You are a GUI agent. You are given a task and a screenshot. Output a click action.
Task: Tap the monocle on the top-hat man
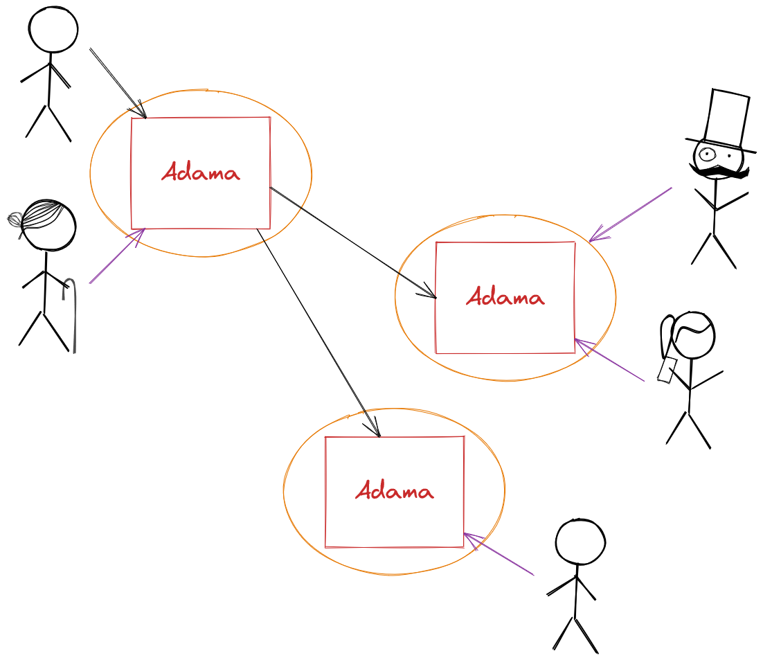pyautogui.click(x=706, y=154)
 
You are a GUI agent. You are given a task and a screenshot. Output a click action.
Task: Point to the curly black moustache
pyautogui.click(x=719, y=171)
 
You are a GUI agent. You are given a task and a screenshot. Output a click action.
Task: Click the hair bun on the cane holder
pyautogui.click(x=15, y=220)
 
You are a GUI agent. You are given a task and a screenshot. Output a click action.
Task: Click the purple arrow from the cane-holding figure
pyautogui.click(x=117, y=256)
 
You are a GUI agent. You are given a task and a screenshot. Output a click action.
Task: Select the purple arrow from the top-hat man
pyautogui.click(x=630, y=214)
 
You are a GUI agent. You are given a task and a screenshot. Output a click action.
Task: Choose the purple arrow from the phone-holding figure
pyautogui.click(x=609, y=360)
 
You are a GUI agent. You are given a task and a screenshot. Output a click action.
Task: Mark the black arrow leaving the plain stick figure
pyautogui.click(x=118, y=83)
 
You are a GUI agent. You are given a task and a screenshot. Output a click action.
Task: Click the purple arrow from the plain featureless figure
pyautogui.click(x=499, y=554)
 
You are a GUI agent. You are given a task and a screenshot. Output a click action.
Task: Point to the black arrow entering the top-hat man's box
pyautogui.click(x=353, y=242)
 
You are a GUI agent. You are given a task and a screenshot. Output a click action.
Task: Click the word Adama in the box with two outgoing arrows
pyautogui.click(x=201, y=172)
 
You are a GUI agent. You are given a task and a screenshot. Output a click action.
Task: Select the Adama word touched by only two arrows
pyautogui.click(x=394, y=490)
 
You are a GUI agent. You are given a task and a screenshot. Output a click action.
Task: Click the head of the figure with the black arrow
pyautogui.click(x=53, y=29)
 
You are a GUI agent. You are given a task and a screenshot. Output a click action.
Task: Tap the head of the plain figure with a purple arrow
pyautogui.click(x=580, y=542)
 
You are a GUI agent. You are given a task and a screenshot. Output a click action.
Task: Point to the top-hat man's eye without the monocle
pyautogui.click(x=730, y=156)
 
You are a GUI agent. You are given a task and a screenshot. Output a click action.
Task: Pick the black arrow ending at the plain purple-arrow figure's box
pyautogui.click(x=318, y=332)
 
